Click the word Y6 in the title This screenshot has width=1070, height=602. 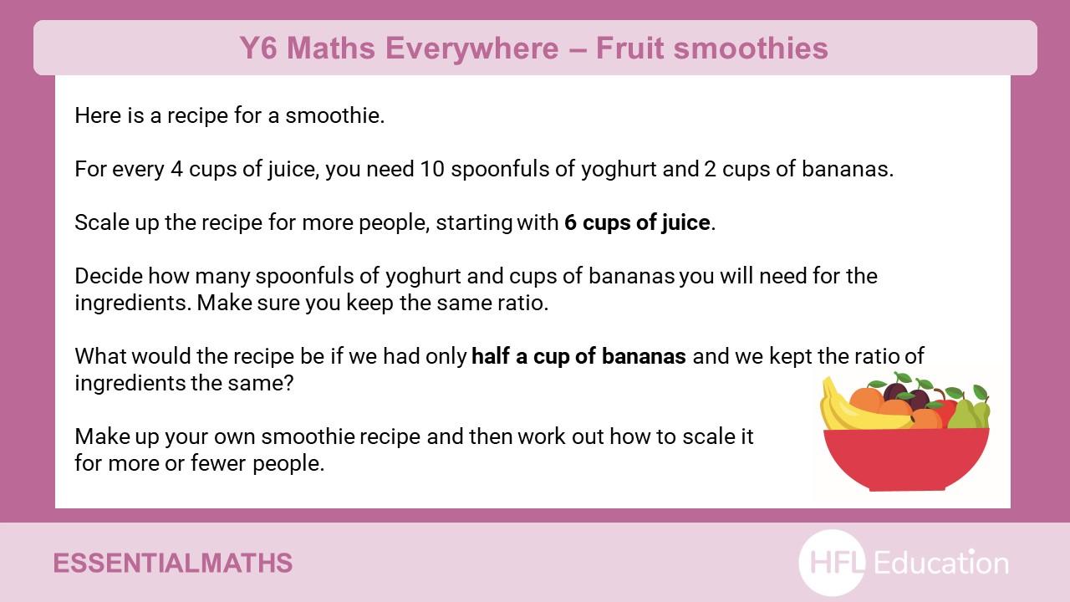point(258,48)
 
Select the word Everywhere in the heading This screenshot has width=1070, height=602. point(472,48)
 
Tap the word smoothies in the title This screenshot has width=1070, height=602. point(751,48)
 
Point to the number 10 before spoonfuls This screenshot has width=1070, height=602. point(432,169)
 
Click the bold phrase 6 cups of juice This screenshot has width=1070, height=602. point(637,223)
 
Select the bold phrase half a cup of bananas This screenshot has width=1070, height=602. point(578,356)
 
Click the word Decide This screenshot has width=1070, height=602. point(109,276)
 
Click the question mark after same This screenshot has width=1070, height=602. point(288,383)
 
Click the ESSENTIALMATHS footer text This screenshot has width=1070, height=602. point(173,563)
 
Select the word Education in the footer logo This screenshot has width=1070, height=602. point(941,563)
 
